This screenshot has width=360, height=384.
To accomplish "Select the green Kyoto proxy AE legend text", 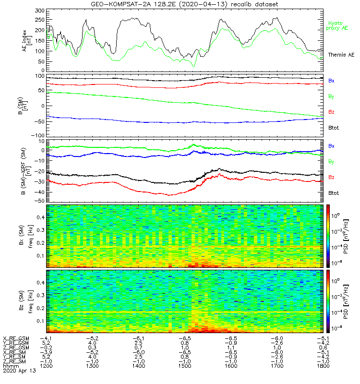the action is point(337,26).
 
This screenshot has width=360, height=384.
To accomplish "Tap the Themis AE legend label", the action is point(341,55).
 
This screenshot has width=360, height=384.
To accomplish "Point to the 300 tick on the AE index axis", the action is point(40,11).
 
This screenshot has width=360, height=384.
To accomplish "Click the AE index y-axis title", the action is point(27,41).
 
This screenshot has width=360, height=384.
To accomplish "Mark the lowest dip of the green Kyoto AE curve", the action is point(194,66).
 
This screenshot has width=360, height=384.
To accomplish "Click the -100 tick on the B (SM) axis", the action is point(38,135).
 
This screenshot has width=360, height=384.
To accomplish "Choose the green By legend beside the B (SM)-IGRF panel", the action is point(331,162).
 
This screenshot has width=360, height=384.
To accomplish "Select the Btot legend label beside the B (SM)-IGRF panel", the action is point(334,193).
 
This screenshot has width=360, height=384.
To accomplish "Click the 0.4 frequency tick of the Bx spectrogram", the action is point(41,217).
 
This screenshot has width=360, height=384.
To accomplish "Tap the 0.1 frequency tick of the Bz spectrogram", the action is point(41,321).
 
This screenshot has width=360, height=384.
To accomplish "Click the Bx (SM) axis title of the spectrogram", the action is point(22,235).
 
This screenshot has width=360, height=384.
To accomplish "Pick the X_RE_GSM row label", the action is point(16,339).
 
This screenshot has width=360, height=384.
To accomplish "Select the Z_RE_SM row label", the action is point(14,361).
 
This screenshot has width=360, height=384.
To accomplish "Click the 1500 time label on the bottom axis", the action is point(185,366).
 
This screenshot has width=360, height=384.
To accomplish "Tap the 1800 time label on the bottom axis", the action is point(323,366).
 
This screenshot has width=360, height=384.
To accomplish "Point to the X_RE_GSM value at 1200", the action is point(46,339).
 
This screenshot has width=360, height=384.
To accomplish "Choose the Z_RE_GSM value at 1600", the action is point(231,348).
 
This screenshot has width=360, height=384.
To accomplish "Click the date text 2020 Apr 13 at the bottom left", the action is point(19,371).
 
